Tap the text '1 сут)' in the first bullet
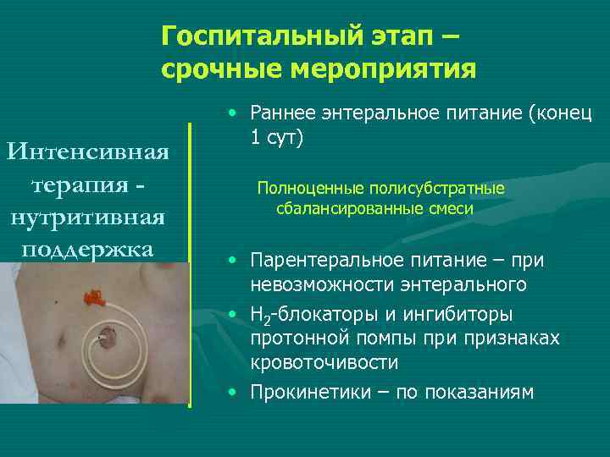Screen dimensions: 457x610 coord(274,137)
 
